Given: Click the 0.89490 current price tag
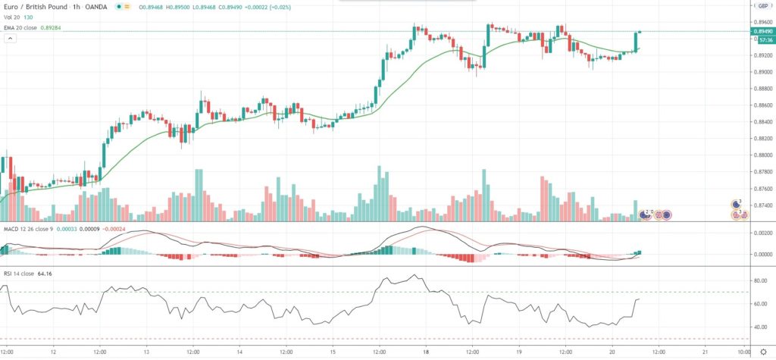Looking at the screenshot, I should [x=762, y=31].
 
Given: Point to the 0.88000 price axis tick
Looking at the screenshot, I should [x=761, y=155].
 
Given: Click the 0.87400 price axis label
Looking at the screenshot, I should [x=761, y=205].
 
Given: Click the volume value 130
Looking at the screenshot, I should [x=28, y=17].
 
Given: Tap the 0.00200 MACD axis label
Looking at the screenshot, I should [x=760, y=234].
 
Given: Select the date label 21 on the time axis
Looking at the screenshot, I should [x=705, y=352].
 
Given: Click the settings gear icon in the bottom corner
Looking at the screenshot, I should [x=763, y=352].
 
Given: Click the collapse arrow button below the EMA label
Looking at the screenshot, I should [x=9, y=38].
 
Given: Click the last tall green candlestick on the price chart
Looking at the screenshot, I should [x=636, y=42].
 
